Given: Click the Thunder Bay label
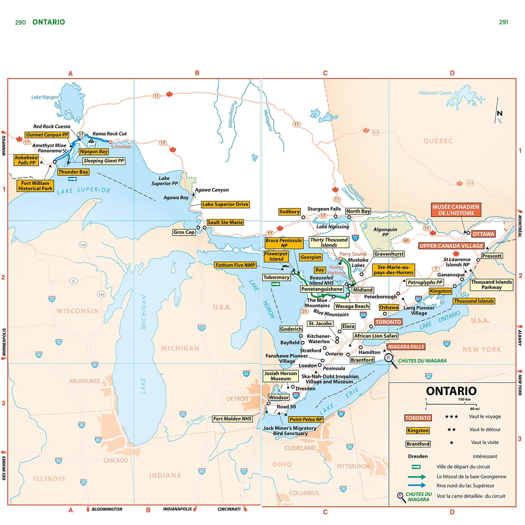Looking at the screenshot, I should tap(73, 172).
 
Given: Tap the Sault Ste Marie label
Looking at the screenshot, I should tap(225, 222).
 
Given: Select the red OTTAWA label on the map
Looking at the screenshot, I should tap(483, 234).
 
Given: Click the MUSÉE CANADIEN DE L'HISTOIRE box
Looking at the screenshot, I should tap(456, 210).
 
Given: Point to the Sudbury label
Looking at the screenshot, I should tap(289, 212).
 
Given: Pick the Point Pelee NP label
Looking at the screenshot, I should tap(306, 419).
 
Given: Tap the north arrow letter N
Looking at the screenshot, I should tap(499, 113).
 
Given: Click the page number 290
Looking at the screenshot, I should tap(20, 22).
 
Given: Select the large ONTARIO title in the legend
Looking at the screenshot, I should tap(451, 391).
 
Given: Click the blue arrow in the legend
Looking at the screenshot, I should tap(416, 485).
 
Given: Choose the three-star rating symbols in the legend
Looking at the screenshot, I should tap(451, 416).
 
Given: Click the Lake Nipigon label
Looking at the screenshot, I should tap(45, 97).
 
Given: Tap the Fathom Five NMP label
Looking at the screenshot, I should tap(235, 265).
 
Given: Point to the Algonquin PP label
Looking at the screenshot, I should tap(385, 232).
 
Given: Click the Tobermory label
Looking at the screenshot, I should tap(276, 277).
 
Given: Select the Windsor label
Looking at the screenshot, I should tap(279, 397).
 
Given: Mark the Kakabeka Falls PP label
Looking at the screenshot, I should tap(26, 160).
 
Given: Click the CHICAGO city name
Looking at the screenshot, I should tap(115, 460).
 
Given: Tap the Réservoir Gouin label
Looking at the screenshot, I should tap(435, 93).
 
